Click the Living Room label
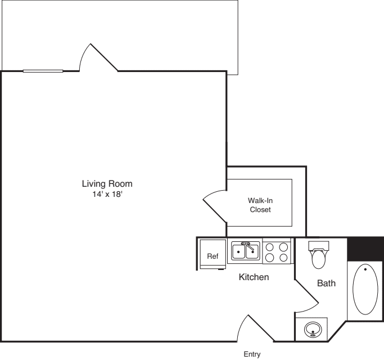tap(107, 183)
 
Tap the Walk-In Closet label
tap(260, 205)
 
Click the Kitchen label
tap(254, 277)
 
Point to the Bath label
tap(326, 283)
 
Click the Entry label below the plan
tap(252, 354)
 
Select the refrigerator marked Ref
tap(213, 256)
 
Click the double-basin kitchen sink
tap(246, 251)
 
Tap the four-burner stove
tap(276, 251)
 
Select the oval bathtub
tap(365, 289)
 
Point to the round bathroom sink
tap(313, 330)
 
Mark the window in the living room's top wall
tap(43, 71)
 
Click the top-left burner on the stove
tap(270, 246)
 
